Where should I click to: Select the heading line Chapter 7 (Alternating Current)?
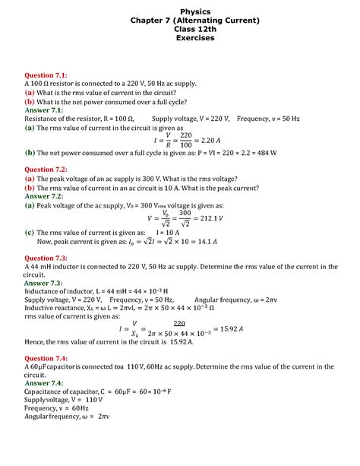180,19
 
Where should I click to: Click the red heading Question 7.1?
46,75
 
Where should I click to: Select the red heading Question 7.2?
46,170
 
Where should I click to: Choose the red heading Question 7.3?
46,258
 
